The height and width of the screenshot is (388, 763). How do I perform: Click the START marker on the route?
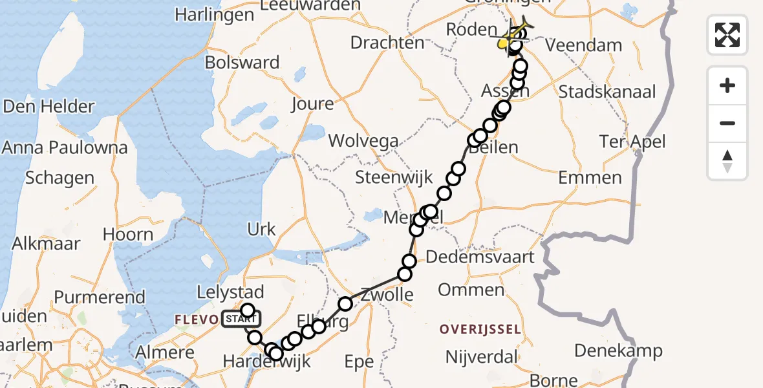pyautogui.click(x=241, y=319)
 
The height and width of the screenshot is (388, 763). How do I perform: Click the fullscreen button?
pyautogui.click(x=727, y=34)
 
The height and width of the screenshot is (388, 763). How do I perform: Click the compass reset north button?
pyautogui.click(x=727, y=161)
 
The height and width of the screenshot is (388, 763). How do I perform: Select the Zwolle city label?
pyautogui.click(x=387, y=296)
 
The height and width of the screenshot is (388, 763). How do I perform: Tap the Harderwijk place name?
pyautogui.click(x=267, y=361)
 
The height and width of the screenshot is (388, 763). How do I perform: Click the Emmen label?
pyautogui.click(x=590, y=177)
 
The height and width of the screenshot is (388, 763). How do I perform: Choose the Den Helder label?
pyautogui.click(x=49, y=107)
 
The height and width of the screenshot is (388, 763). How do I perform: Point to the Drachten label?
pyautogui.click(x=387, y=43)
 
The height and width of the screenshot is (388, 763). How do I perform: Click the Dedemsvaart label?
pyautogui.click(x=486, y=257)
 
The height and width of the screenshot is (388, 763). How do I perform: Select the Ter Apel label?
pyautogui.click(x=632, y=142)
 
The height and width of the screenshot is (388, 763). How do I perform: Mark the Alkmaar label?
pyautogui.click(x=47, y=244)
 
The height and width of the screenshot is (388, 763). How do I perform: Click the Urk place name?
pyautogui.click(x=261, y=229)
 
